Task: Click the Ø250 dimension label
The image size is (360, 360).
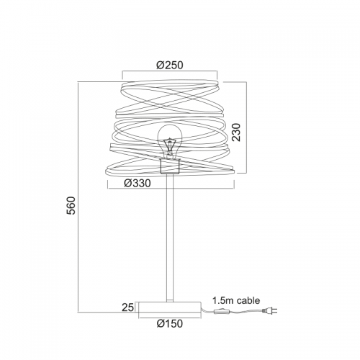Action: (170, 65)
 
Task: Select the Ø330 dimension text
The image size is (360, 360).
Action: (138, 184)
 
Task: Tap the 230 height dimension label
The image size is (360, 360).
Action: (236, 132)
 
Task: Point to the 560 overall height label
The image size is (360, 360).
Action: (71, 205)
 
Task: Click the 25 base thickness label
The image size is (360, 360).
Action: (127, 307)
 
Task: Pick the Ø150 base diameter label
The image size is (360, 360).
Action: (170, 323)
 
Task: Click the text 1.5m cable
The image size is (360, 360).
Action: (236, 300)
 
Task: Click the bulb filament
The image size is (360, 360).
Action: (170, 145)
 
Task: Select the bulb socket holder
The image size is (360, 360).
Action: (170, 166)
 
